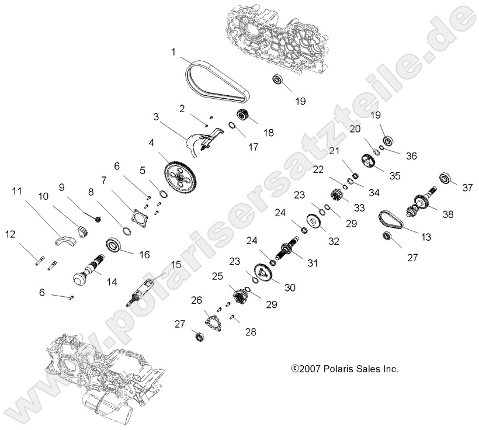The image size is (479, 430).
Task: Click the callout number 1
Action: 173,52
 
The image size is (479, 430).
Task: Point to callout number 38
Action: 447,214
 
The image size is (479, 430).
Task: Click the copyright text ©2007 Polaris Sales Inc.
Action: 345,369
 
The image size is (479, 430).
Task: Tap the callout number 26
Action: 197,300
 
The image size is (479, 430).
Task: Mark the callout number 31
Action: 313,263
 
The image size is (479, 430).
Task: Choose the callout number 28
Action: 250,332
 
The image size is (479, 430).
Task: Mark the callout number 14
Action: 111,282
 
